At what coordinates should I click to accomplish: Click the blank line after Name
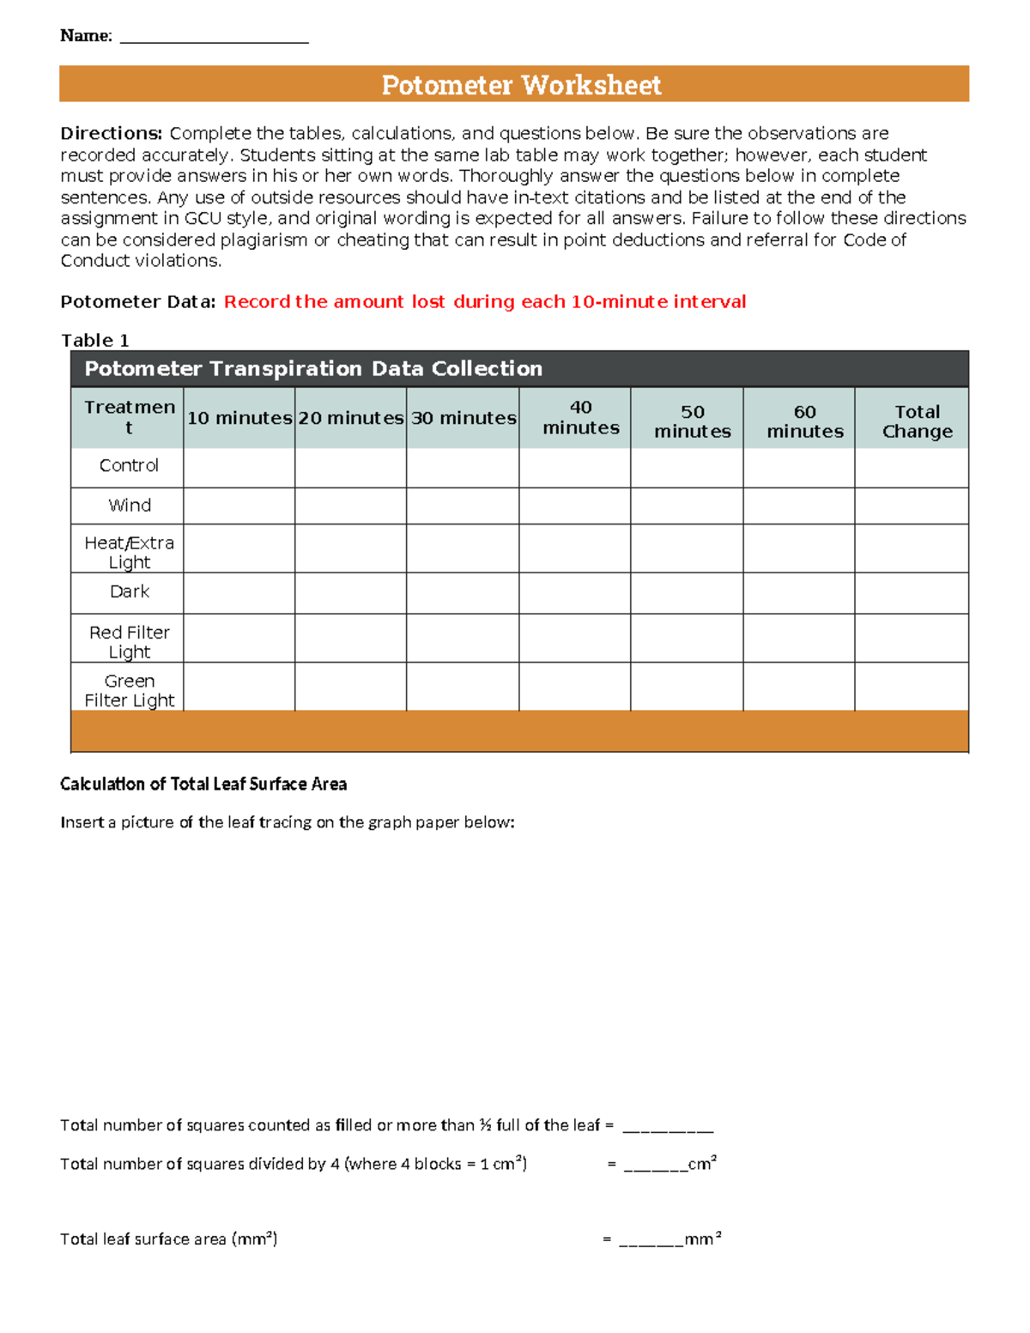pos(214,38)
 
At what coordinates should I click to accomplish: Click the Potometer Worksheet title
pos(521,85)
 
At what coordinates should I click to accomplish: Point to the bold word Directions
pos(111,133)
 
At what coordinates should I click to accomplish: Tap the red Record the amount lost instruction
pos(484,301)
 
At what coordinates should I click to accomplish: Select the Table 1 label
pos(94,340)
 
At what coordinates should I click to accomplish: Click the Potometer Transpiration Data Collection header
pos(313,368)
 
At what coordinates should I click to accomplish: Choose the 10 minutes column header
pos(239,418)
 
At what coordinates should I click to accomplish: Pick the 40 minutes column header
pos(580,418)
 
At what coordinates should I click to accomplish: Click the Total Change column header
pos(917,421)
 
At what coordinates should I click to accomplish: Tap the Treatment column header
pos(129,417)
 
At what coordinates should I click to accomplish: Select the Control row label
pos(129,465)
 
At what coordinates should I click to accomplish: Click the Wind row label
pos(130,506)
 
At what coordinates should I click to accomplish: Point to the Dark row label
pos(130,591)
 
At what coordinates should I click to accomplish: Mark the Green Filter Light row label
pos(130,690)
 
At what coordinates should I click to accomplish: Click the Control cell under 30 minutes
pos(463,468)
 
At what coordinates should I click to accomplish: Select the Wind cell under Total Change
pos(911,506)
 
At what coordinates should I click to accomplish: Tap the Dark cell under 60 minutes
pos(798,593)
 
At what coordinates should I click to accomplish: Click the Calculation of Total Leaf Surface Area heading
pos(203,784)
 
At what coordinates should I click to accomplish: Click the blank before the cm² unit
pos(654,1166)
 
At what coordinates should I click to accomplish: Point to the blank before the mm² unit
pos(651,1240)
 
